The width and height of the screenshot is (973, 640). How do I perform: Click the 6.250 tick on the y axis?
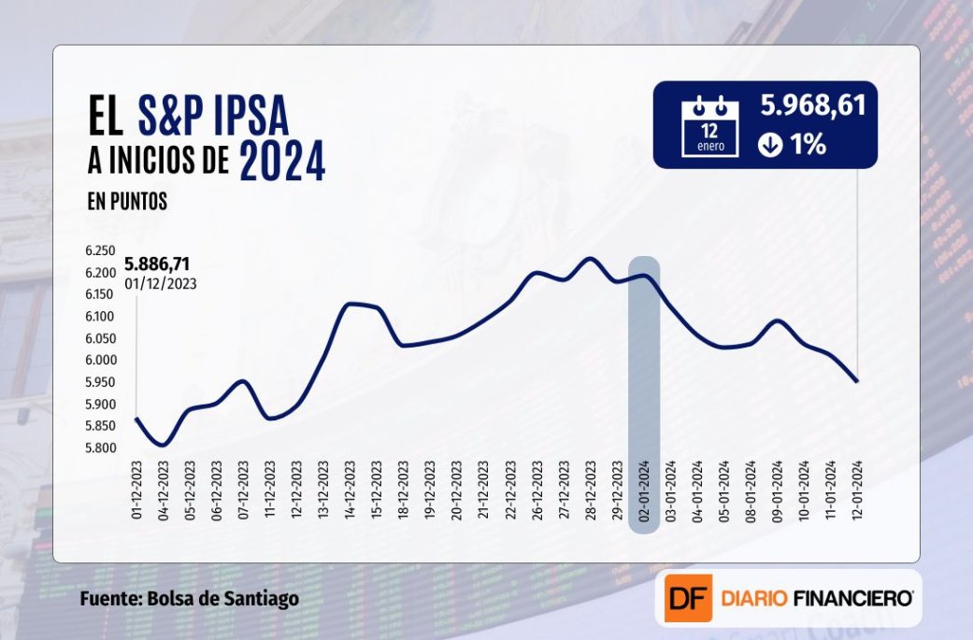99,251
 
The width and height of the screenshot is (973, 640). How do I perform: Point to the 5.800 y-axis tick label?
99,448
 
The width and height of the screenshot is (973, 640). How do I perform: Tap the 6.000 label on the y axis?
99,361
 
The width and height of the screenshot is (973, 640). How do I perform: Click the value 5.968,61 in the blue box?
812,105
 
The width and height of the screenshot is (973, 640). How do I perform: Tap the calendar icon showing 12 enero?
710,126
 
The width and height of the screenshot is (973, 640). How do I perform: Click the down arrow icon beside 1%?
770,146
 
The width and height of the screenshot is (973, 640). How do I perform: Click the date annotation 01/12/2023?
160,283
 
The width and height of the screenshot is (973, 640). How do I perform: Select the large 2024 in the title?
282,161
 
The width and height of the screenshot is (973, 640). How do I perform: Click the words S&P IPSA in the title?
213,117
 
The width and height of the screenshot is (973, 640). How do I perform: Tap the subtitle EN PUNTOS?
128,202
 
